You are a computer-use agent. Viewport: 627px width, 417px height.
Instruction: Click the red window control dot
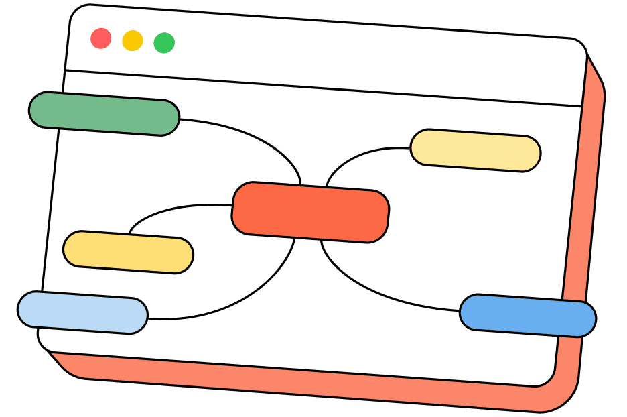pyautogui.click(x=100, y=38)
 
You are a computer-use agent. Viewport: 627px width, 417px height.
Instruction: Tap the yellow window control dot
pyautogui.click(x=133, y=40)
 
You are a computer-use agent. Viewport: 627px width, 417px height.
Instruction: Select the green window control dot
pyautogui.click(x=164, y=43)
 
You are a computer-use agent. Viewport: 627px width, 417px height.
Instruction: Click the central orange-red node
pyautogui.click(x=310, y=212)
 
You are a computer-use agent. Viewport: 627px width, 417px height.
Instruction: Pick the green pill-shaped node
pyautogui.click(x=104, y=113)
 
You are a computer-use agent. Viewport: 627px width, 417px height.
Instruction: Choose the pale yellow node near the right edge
pyautogui.click(x=475, y=150)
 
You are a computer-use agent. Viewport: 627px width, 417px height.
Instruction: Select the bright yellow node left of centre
pyautogui.click(x=128, y=252)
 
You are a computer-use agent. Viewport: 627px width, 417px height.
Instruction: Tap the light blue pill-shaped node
pyautogui.click(x=82, y=312)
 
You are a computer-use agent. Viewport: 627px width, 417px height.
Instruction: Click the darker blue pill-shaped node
pyautogui.click(x=528, y=315)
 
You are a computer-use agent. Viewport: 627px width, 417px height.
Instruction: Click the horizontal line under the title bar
pyautogui.click(x=322, y=88)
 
